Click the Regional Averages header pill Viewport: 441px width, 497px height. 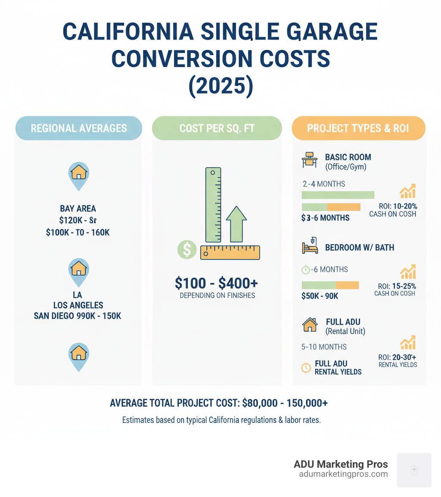(78, 128)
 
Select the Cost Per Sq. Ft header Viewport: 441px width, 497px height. (217, 128)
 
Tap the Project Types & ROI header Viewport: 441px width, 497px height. (358, 128)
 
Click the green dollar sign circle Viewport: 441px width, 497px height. (187, 250)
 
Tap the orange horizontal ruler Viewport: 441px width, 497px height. (230, 252)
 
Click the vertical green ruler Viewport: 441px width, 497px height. (213, 205)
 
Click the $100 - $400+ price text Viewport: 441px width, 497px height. (216, 283)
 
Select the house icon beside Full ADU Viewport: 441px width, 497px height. (310, 325)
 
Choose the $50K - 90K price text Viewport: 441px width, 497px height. (320, 296)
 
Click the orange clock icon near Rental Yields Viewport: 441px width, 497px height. (306, 367)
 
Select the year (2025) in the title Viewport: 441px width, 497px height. (220, 85)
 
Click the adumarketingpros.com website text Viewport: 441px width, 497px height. (343, 474)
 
